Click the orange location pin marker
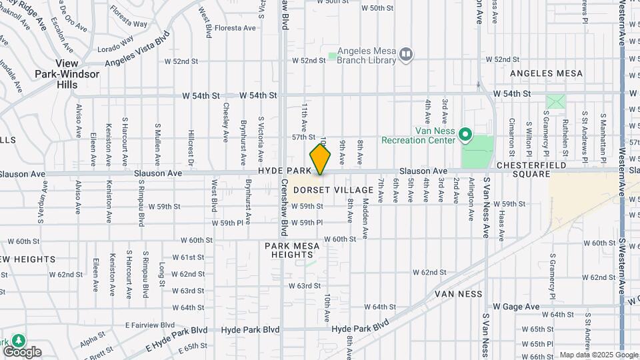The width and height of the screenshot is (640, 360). coord(321,159)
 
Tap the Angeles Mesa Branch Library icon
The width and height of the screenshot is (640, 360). coord(406,53)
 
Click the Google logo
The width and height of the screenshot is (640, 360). coord(22,352)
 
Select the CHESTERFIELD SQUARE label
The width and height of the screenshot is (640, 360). coord(531,169)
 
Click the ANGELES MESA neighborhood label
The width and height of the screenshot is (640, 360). coord(546,73)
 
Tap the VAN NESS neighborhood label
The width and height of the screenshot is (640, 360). coord(458,293)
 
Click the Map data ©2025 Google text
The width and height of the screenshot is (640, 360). coord(598,355)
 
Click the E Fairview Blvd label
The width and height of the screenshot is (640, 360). coord(150,325)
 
